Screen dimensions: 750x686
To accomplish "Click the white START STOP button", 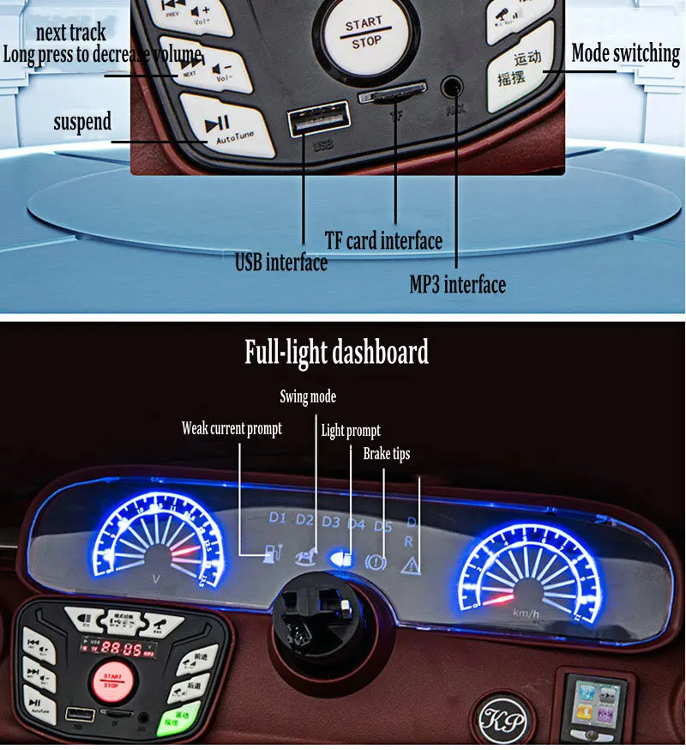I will coord(364,33).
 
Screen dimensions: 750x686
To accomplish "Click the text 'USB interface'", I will coord(281,262).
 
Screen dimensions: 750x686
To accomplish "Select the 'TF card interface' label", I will coord(383,240).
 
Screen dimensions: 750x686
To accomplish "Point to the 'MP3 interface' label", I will coord(457,283).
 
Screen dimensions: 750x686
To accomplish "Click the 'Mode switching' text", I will coord(625,53).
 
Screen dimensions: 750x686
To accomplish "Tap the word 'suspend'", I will coord(82,122).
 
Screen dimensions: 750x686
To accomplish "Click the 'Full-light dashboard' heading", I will coord(336,352).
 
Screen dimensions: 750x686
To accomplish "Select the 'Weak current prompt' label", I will coord(232,428).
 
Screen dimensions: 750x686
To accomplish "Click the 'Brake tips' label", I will coord(387,453).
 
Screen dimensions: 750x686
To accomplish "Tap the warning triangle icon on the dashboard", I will coord(411,564).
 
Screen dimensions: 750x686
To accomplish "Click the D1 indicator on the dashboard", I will coord(277,518).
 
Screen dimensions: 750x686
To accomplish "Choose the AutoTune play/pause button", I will coord(227,132).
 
